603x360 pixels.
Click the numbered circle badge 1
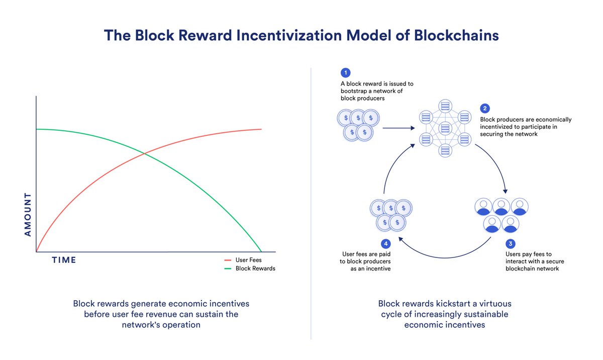tap(345, 73)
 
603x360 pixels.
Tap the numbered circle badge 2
tap(485, 109)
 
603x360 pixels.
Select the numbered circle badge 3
tap(511, 244)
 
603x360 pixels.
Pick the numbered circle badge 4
tap(386, 244)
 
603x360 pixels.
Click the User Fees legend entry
tap(243, 260)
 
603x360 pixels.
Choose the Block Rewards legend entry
tap(250, 268)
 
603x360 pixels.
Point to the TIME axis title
tap(64, 260)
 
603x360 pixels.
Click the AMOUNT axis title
tap(28, 215)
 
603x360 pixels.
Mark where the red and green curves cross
tap(145, 153)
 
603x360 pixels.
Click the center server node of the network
tap(445, 128)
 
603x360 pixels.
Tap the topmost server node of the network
tap(445, 106)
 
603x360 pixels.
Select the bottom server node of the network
tap(445, 150)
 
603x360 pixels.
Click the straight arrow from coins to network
tap(398, 128)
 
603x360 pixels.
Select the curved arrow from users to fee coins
tap(445, 257)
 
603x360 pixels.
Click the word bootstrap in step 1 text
tap(354, 91)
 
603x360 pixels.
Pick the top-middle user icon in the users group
tap(501, 207)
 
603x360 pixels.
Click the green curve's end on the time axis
tap(261, 251)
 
